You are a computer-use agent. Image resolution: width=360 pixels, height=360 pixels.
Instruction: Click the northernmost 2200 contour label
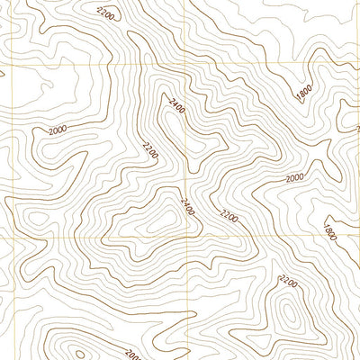[x=105, y=13]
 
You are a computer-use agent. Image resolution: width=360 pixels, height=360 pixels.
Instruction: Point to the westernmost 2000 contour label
[x=58, y=130]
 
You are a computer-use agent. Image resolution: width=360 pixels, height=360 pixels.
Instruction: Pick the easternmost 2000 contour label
[x=294, y=178]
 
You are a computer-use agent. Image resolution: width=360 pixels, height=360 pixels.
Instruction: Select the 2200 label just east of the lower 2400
[x=229, y=215]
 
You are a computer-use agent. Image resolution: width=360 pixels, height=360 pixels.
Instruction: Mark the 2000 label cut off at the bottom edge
[x=133, y=354]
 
